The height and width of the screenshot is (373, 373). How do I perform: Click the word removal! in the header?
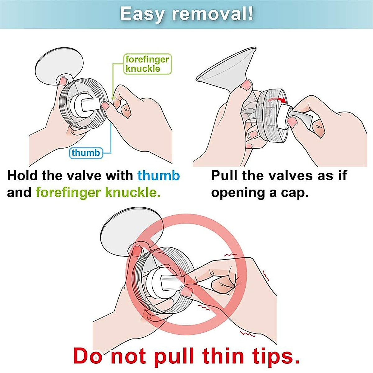(213, 14)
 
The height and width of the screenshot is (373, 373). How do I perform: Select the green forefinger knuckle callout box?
(147, 64)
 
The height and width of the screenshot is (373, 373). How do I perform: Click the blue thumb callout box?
(86, 153)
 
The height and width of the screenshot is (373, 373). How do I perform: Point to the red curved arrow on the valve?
(278, 99)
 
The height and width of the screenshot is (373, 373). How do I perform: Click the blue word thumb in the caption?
(159, 176)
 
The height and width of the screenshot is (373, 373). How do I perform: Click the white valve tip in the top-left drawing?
(91, 104)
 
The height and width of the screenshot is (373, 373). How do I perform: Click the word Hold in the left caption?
(22, 176)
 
